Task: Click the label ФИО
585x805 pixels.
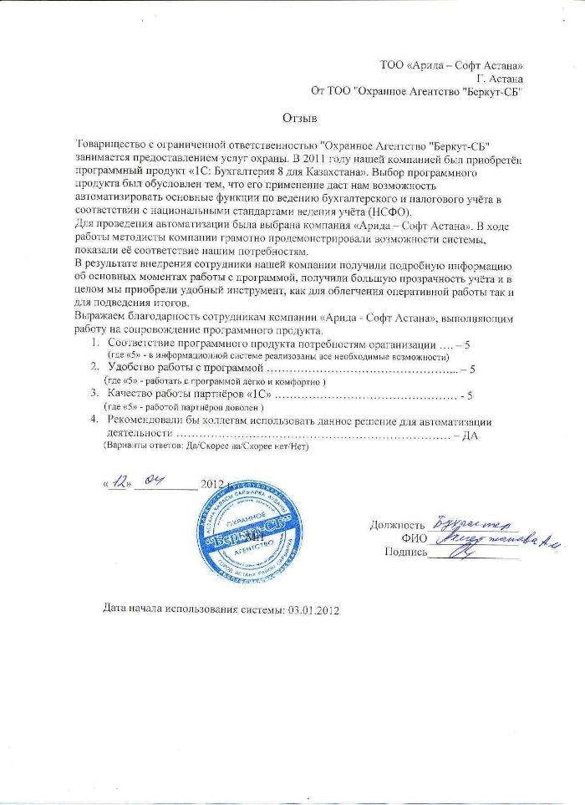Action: pyautogui.click(x=414, y=538)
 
